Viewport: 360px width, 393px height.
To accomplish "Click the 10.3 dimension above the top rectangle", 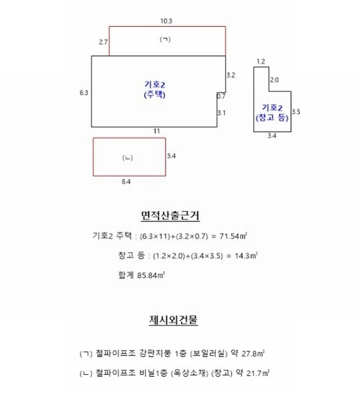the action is (x=166, y=21).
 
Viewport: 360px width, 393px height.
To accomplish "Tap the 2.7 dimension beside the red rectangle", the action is (x=103, y=42).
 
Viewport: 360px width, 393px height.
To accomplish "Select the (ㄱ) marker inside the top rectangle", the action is (x=165, y=39).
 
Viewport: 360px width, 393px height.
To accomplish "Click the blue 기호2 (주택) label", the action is (x=154, y=90).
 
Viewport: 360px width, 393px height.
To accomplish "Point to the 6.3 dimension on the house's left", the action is (x=84, y=93).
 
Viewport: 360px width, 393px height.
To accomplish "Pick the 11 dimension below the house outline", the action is (x=156, y=131).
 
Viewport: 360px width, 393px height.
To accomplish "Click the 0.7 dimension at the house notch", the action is (x=221, y=96).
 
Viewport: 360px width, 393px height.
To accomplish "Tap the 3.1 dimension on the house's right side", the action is (x=221, y=113).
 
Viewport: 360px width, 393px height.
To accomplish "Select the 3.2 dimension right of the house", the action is (x=231, y=75).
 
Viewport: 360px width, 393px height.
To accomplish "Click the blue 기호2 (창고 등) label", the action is (x=272, y=113).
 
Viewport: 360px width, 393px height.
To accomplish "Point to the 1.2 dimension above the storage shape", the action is (x=261, y=62).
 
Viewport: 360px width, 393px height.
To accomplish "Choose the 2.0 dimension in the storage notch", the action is (x=274, y=80).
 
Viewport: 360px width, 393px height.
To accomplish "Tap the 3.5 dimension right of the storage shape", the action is (x=296, y=111).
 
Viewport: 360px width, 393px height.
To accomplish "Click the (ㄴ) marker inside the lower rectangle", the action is (x=127, y=158).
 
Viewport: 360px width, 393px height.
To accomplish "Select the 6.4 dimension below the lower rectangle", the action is (x=126, y=181).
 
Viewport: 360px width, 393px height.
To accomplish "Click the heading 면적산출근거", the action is (x=170, y=215).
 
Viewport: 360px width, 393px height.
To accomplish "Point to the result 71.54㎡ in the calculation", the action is (x=233, y=236).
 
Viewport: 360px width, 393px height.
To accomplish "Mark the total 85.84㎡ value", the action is (x=151, y=275).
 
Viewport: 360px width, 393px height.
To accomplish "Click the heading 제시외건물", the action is (x=173, y=320).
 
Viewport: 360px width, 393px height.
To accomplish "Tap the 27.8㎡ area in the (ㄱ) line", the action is (x=253, y=354).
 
